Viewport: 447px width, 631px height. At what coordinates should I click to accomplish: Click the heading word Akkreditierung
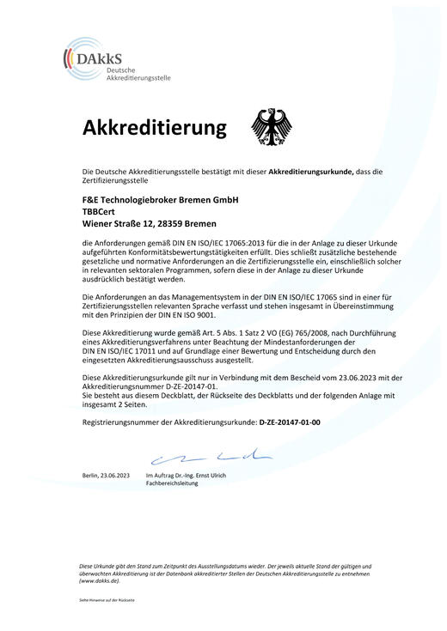pyautogui.click(x=155, y=128)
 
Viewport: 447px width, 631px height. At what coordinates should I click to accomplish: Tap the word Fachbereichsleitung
pyautogui.click(x=173, y=484)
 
